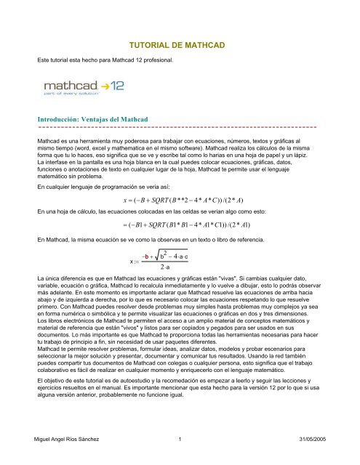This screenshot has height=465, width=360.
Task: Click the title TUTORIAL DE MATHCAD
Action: [x=180, y=45]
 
